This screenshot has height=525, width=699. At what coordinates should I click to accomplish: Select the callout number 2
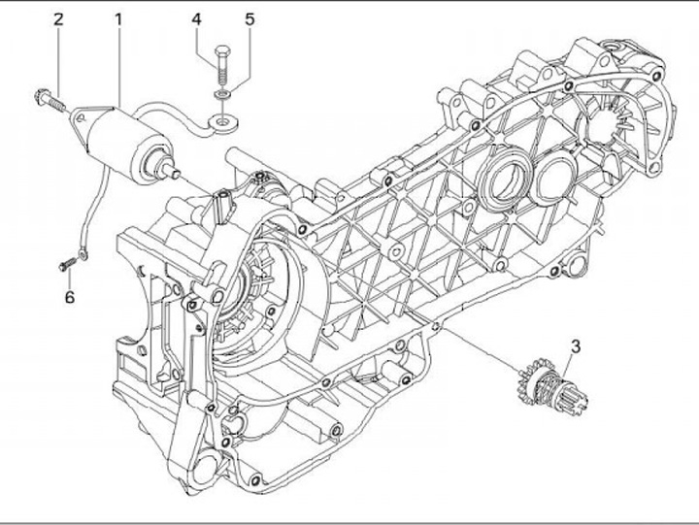tap(58, 18)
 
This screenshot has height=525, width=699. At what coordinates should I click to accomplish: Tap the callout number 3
tap(576, 346)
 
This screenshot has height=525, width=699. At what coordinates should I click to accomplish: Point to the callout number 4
tap(197, 18)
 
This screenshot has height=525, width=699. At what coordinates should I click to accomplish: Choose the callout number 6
tap(69, 297)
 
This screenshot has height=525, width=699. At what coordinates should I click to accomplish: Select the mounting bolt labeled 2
tap(50, 98)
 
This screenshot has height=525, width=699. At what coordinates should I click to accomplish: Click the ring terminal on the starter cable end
tap(85, 254)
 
